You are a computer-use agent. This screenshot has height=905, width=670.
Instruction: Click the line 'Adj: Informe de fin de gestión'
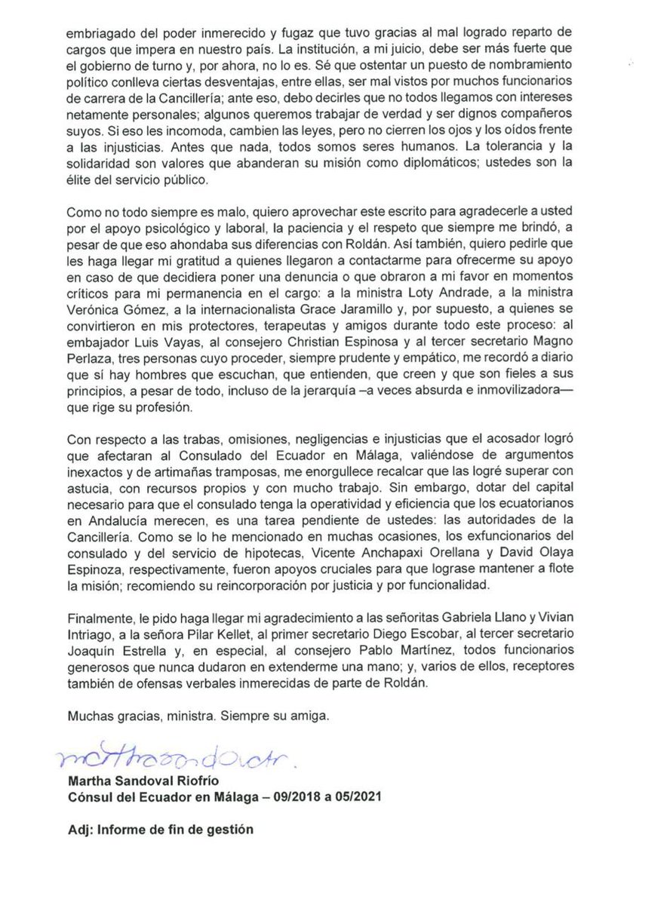[161, 830]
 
